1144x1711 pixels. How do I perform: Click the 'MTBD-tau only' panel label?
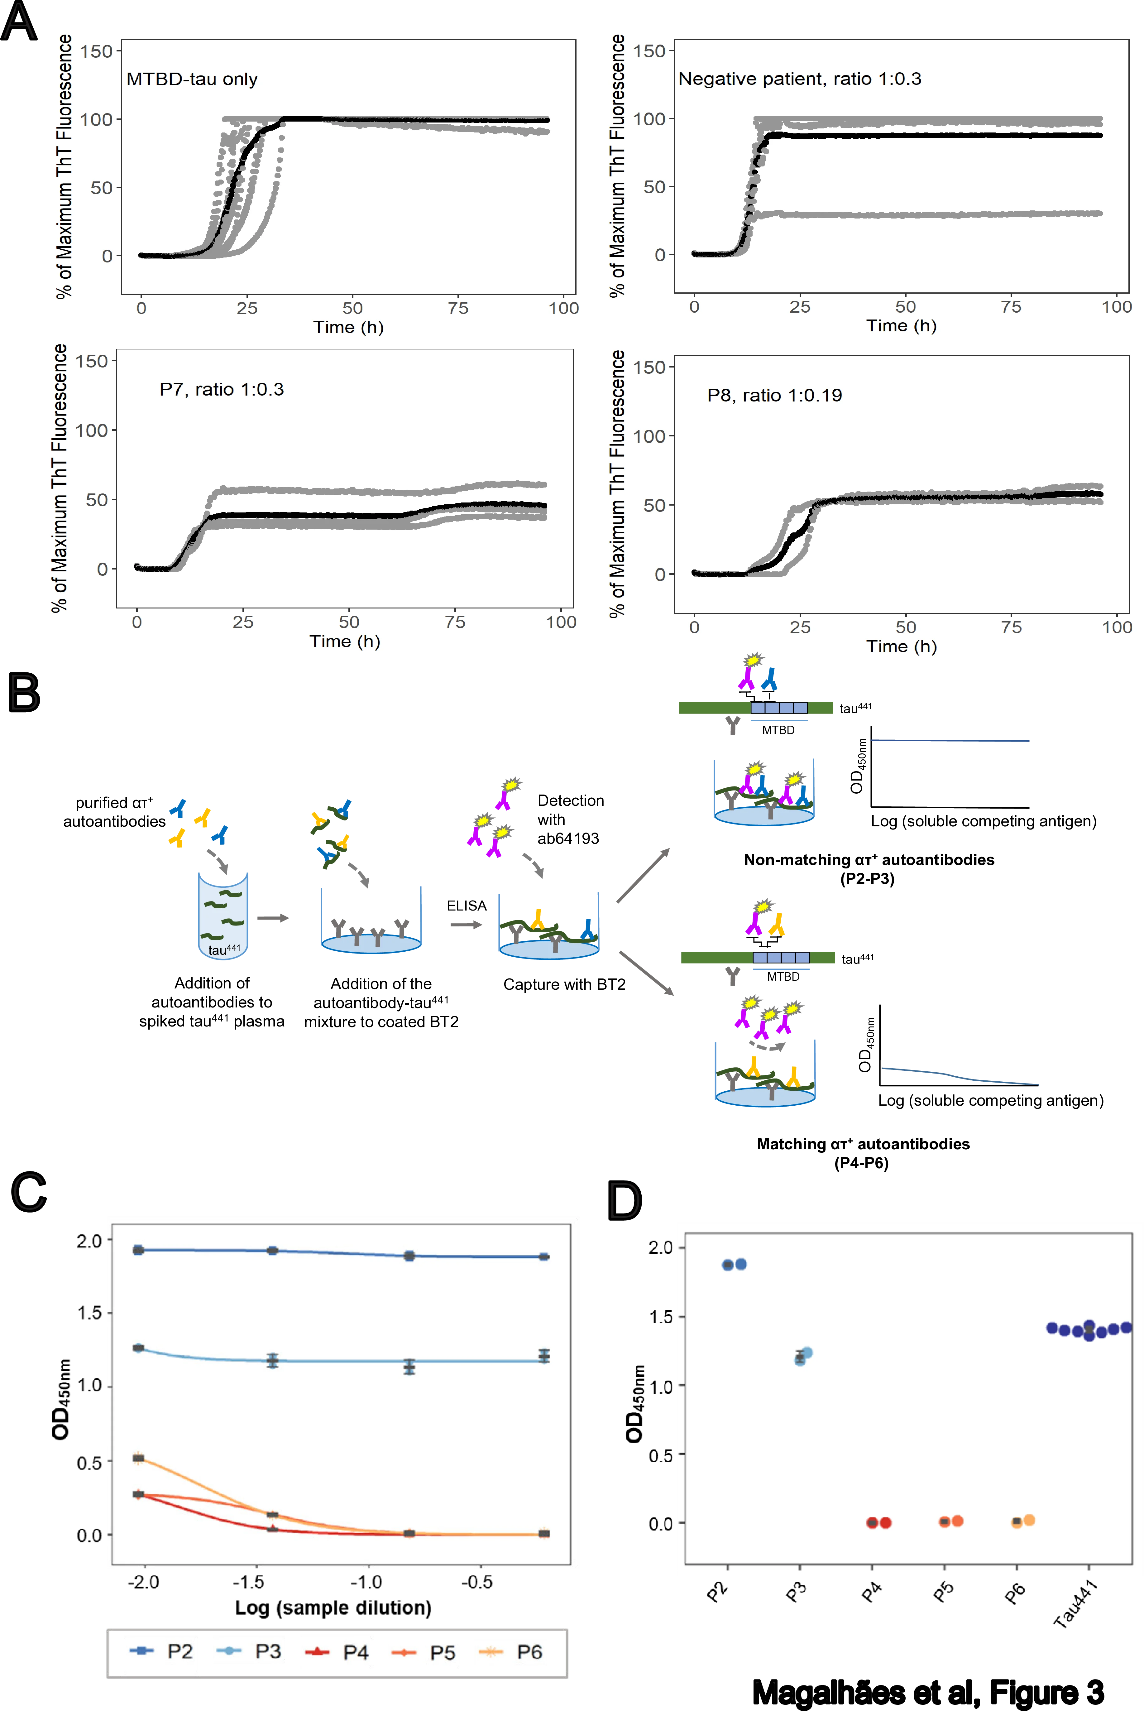(192, 79)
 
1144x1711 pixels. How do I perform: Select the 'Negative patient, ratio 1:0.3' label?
(800, 79)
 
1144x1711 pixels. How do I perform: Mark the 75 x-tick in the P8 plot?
(1011, 627)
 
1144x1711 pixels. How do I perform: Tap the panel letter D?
(625, 1200)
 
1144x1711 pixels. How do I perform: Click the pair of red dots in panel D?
(878, 1523)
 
